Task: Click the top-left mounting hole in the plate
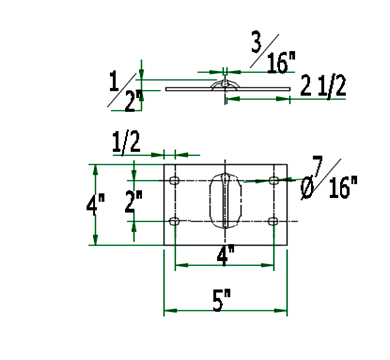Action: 174,181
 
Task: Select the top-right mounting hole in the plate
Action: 274,181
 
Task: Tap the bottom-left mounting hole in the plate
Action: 174,221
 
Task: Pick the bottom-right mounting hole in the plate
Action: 273,221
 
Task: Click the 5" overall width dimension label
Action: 221,300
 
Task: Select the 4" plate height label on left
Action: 95,203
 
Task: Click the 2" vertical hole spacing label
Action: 133,201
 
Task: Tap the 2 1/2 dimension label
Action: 323,86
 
